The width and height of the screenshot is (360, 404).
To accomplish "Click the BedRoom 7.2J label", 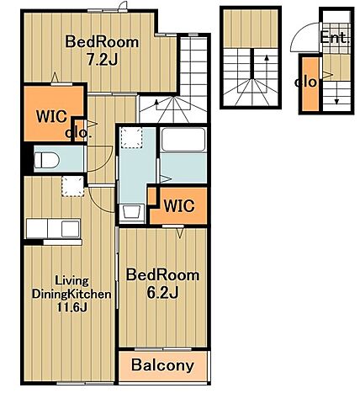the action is pos(102,50).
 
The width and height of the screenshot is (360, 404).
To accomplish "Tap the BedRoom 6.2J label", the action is pos(162,284).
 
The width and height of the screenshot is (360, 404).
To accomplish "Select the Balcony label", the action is pos(162,365).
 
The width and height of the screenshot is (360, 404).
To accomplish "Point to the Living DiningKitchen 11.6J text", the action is pos(71,294).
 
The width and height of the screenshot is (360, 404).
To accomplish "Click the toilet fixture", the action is pos(46,161).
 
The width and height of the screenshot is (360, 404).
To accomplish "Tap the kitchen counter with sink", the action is pos(53,228).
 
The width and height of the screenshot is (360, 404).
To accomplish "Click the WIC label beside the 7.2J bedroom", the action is pos(51,116).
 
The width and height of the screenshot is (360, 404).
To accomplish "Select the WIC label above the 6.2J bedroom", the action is pos(179,206).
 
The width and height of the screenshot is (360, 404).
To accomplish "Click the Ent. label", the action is pos(335,38).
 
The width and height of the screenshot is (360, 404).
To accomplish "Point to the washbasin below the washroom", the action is pos(131,212).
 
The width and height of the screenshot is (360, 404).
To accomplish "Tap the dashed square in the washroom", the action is pos(131,138).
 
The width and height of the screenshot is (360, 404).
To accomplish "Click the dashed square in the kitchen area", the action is pos(73,186).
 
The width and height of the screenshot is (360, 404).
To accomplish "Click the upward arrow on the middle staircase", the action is pos(267,73).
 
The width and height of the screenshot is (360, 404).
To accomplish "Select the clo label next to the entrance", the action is pos(305,82).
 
